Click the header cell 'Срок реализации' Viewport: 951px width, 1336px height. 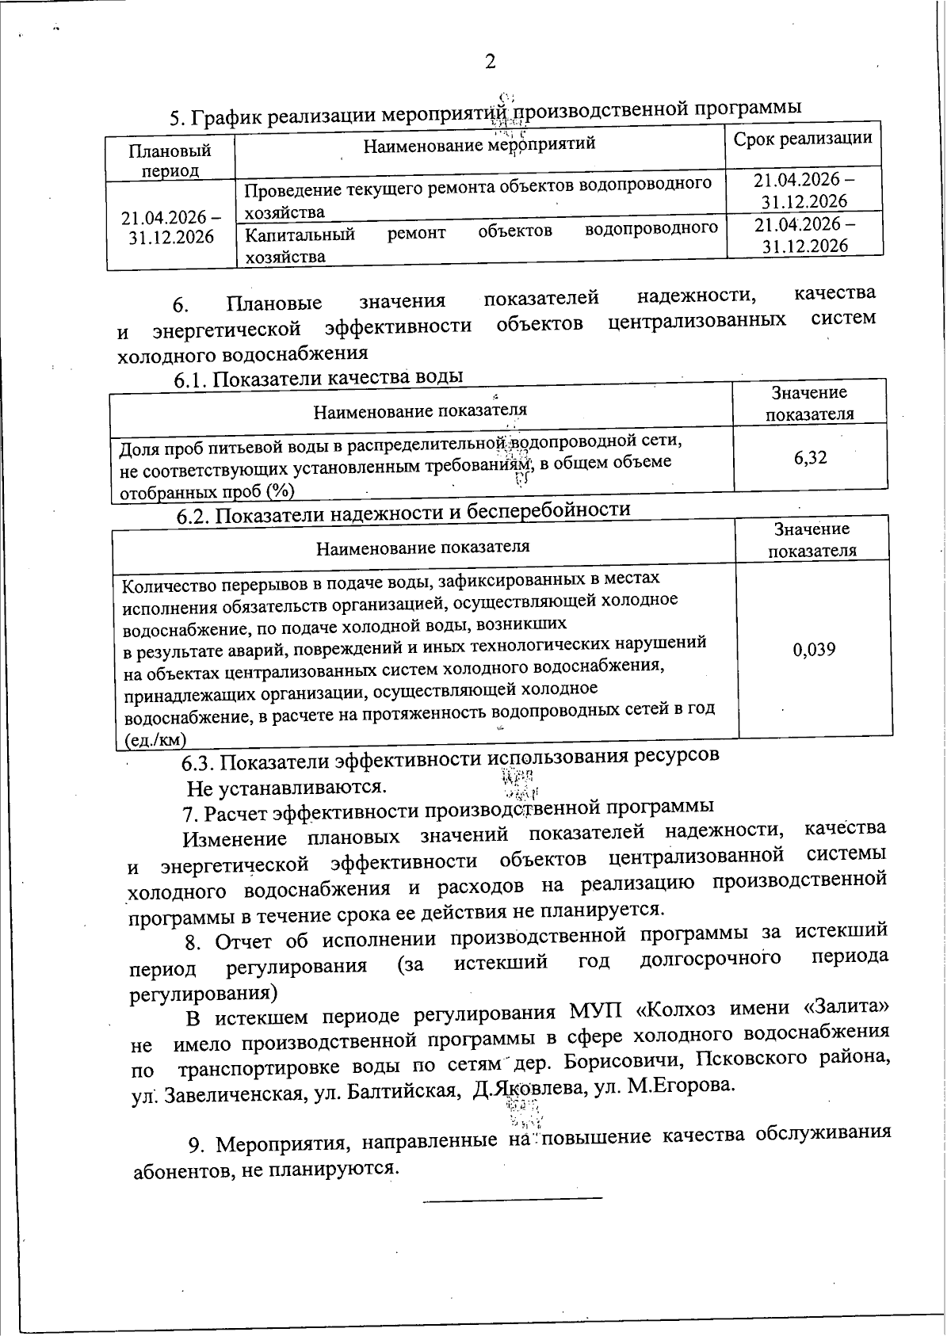coord(803,139)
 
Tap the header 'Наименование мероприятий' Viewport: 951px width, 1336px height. coord(479,144)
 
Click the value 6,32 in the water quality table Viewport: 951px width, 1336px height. coord(810,457)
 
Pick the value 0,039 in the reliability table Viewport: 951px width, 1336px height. coord(814,650)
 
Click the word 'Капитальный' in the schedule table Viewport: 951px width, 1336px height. coord(300,235)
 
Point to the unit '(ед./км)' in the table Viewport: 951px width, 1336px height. coord(155,740)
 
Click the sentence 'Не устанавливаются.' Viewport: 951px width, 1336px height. coord(287,788)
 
